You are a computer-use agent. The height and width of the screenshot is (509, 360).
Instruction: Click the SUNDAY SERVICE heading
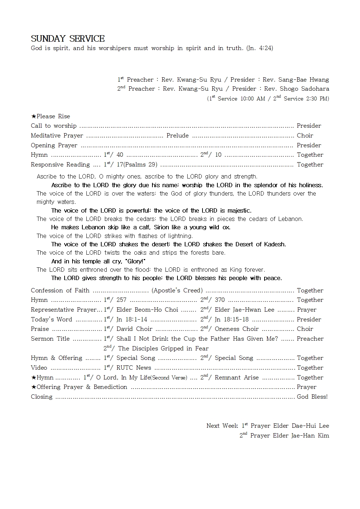67,38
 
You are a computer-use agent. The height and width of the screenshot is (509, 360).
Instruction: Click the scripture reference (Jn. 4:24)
259,48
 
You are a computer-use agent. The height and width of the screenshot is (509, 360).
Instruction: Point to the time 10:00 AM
253,99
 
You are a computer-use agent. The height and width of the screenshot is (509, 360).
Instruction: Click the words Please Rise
53,116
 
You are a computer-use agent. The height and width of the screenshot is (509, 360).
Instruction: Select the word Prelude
177,136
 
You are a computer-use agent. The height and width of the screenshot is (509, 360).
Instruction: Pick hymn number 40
120,155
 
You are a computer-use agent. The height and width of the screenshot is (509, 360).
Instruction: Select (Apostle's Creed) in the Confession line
177,291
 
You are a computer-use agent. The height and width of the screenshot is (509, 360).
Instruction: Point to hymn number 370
220,300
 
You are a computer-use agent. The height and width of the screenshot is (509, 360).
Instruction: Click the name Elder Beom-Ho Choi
147,310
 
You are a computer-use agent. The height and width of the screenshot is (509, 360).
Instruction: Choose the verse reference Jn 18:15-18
232,320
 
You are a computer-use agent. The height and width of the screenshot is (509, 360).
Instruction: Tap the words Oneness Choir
237,329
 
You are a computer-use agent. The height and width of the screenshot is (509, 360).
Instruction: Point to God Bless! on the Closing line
312,397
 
